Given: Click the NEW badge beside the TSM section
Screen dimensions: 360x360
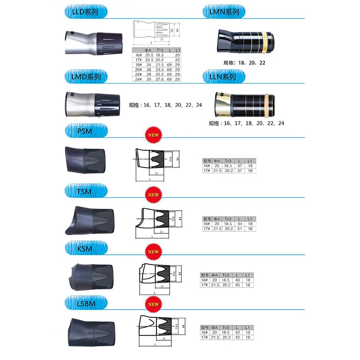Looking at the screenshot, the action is point(153,195).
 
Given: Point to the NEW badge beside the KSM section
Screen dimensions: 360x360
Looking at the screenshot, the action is point(153,252).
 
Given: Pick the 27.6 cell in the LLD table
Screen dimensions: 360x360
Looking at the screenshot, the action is point(160,79).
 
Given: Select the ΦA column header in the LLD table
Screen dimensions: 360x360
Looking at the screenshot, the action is point(149,50).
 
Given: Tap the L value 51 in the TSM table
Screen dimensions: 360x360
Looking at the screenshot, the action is point(239,228).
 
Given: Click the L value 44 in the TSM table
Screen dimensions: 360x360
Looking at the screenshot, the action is point(239,224).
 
